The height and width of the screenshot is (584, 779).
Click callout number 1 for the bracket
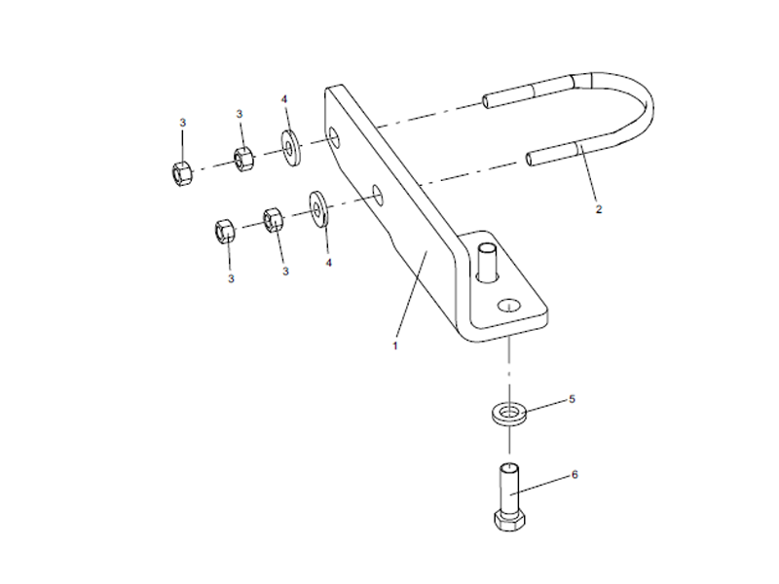click(x=396, y=346)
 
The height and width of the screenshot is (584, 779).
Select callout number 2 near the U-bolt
click(x=599, y=208)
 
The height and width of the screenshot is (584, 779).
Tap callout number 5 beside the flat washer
click(x=573, y=399)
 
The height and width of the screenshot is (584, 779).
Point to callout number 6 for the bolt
click(x=575, y=475)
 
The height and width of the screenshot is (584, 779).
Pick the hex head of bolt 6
click(x=509, y=520)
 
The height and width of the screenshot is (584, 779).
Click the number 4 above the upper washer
click(x=283, y=99)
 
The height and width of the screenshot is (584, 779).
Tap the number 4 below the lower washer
click(x=328, y=263)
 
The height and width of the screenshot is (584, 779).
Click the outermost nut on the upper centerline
click(x=180, y=173)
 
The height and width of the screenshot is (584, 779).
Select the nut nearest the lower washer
click(x=273, y=219)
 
